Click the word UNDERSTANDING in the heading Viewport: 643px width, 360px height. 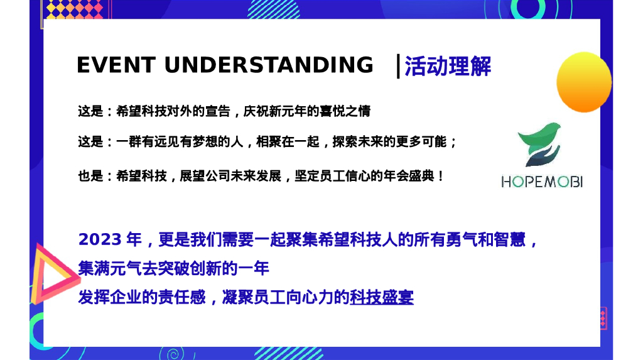tap(269, 65)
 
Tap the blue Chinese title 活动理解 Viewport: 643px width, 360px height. tap(448, 66)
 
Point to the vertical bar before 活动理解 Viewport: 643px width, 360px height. tap(398, 66)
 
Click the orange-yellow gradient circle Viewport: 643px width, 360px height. tap(583, 82)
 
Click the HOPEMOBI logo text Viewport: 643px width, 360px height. tap(542, 182)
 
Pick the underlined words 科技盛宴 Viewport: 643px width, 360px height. tap(382, 297)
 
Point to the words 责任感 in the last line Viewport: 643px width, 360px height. tap(186, 297)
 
